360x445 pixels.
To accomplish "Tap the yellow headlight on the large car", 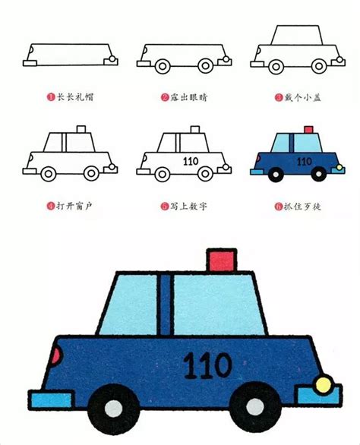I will (324, 383).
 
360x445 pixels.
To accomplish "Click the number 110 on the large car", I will (207, 365).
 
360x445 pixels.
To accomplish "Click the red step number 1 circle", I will (50, 98).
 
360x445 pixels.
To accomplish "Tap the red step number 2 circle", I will (164, 98).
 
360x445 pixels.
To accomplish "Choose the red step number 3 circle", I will (278, 98).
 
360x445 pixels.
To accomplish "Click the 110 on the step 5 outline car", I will (190, 161).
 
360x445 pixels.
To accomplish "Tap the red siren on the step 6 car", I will (307, 130).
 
